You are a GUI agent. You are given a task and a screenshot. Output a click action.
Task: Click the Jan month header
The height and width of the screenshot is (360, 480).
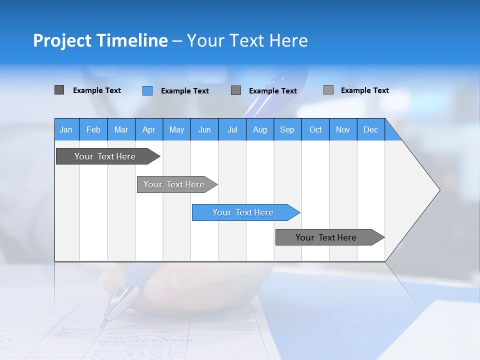[66, 129]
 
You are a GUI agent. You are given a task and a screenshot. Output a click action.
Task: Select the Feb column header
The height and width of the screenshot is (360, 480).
[93, 129]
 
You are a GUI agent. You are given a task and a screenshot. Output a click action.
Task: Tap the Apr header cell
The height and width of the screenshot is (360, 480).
[149, 129]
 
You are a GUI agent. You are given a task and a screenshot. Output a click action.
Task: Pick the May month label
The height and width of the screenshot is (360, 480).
[176, 129]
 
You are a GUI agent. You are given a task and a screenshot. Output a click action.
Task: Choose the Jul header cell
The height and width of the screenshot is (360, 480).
[232, 129]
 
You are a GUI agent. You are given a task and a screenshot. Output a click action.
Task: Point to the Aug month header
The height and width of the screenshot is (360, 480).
[260, 129]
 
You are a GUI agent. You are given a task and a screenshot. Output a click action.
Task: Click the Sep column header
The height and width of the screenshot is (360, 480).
[287, 129]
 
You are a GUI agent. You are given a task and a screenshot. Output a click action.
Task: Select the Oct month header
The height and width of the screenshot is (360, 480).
[315, 129]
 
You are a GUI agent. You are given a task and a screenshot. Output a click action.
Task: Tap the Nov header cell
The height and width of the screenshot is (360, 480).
[343, 129]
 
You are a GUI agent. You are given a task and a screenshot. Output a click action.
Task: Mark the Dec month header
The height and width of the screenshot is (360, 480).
[371, 129]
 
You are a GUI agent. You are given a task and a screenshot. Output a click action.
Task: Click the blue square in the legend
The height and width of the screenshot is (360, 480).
[147, 90]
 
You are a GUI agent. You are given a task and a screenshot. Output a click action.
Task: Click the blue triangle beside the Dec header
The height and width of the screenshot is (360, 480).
[391, 133]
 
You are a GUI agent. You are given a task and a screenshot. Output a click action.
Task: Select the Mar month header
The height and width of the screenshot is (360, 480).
[121, 129]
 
